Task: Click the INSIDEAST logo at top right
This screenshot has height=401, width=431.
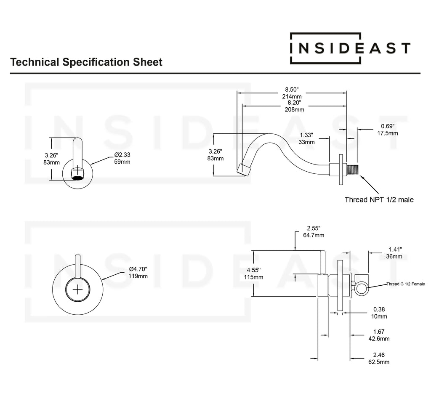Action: click(x=350, y=48)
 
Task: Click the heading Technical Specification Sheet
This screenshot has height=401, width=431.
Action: click(x=86, y=62)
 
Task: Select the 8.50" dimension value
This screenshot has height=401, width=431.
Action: click(x=291, y=90)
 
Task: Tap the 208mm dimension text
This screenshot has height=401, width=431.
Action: click(x=294, y=109)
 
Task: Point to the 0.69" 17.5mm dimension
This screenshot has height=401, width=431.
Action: click(x=388, y=130)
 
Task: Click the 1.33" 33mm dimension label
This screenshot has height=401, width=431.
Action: click(x=306, y=138)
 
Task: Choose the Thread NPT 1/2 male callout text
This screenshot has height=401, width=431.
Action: click(x=379, y=199)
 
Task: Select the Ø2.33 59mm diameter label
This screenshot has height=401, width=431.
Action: click(x=122, y=158)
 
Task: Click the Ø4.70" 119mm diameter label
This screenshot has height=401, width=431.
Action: click(x=138, y=272)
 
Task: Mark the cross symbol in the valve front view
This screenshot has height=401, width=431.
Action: click(x=78, y=290)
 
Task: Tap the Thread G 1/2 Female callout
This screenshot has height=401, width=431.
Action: click(x=406, y=284)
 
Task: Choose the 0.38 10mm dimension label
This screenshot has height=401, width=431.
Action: click(x=380, y=312)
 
